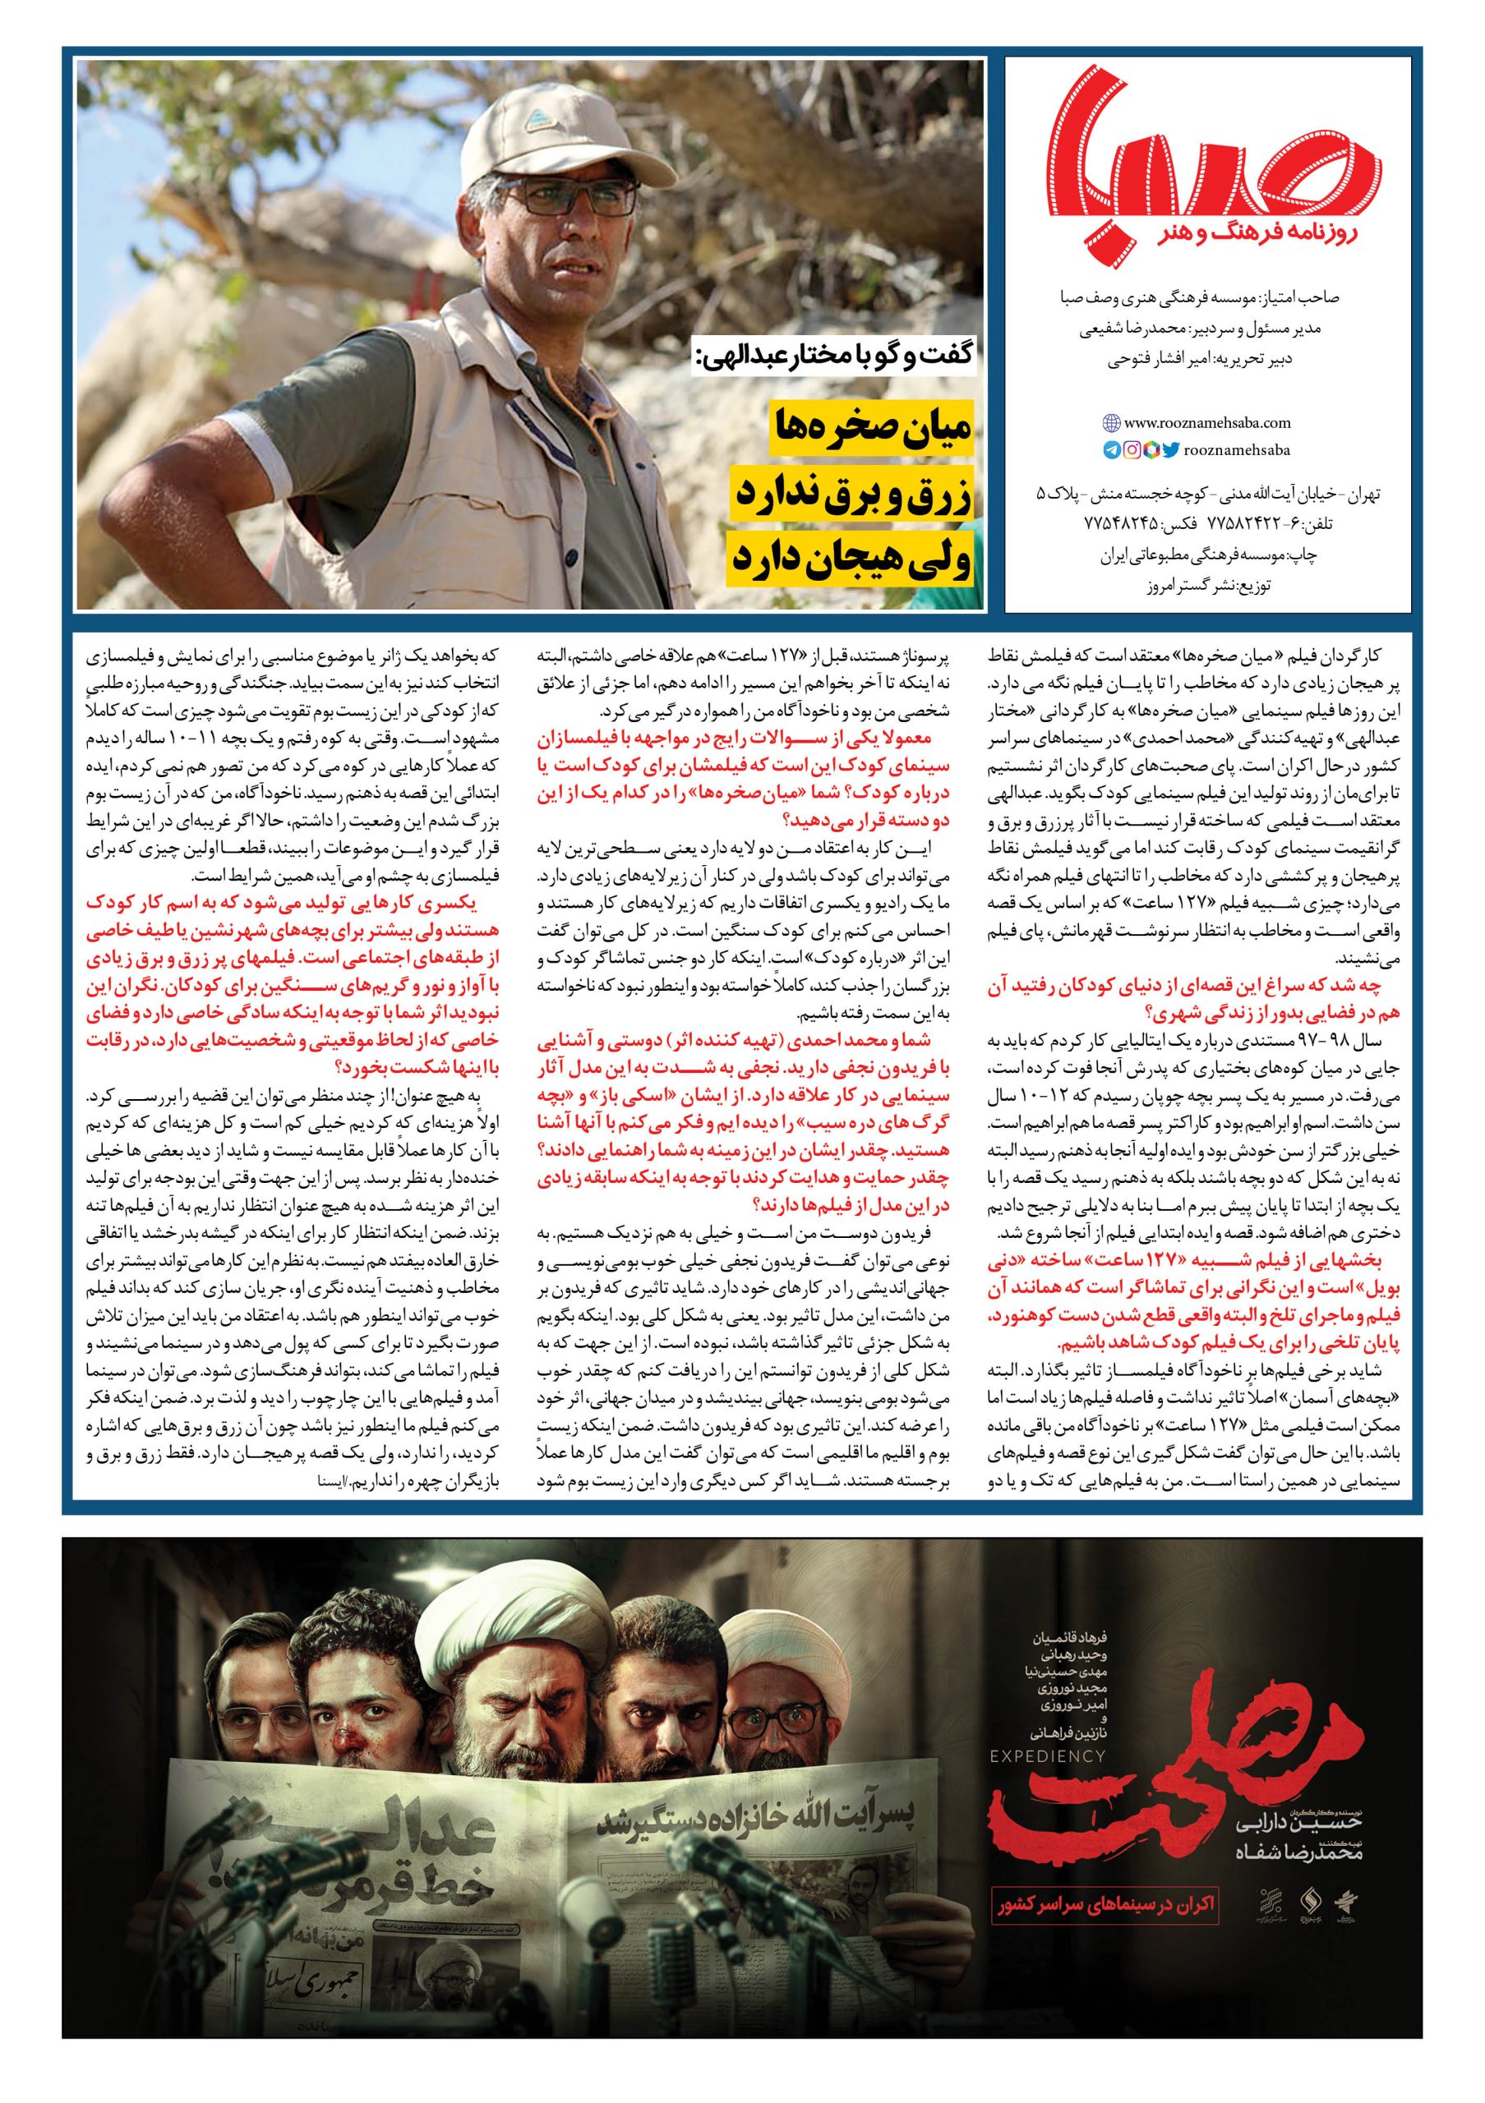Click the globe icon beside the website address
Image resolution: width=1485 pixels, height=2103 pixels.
coord(1110,423)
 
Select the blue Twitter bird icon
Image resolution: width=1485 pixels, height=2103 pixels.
coord(1171,449)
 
